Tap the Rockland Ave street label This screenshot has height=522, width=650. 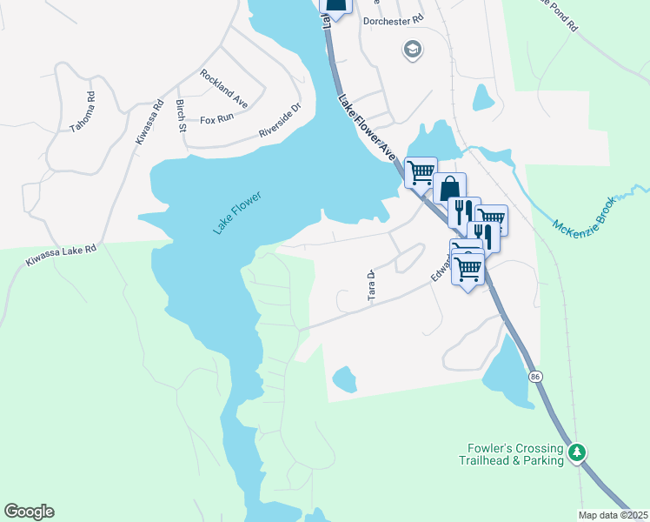pyautogui.click(x=223, y=89)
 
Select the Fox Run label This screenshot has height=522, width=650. pyautogui.click(x=218, y=120)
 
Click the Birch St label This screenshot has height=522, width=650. pyautogui.click(x=182, y=117)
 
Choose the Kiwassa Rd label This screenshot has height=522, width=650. pyautogui.click(x=149, y=123)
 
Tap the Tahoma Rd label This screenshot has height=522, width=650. pyautogui.click(x=83, y=111)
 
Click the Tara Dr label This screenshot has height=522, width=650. pyautogui.click(x=371, y=286)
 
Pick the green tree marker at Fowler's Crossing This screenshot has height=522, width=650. pyautogui.click(x=575, y=452)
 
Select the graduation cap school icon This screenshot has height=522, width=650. pyautogui.click(x=411, y=50)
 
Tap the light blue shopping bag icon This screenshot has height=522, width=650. pyautogui.click(x=450, y=187)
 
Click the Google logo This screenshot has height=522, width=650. pyautogui.click(x=29, y=512)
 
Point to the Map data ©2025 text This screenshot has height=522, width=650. pyautogui.click(x=613, y=515)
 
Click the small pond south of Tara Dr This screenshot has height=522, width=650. pyautogui.click(x=345, y=379)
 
